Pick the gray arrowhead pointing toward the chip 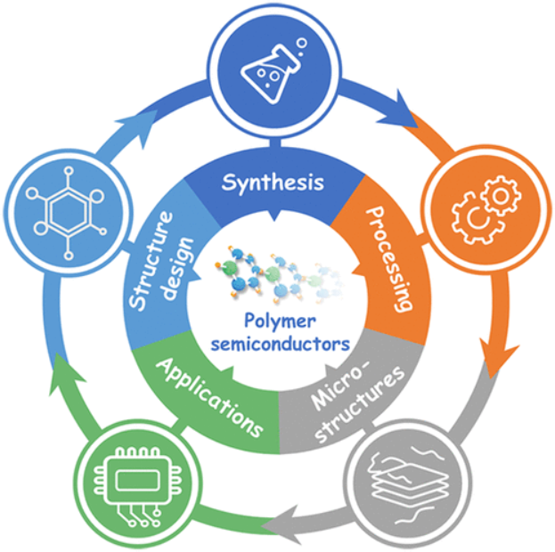(x=286, y=519)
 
